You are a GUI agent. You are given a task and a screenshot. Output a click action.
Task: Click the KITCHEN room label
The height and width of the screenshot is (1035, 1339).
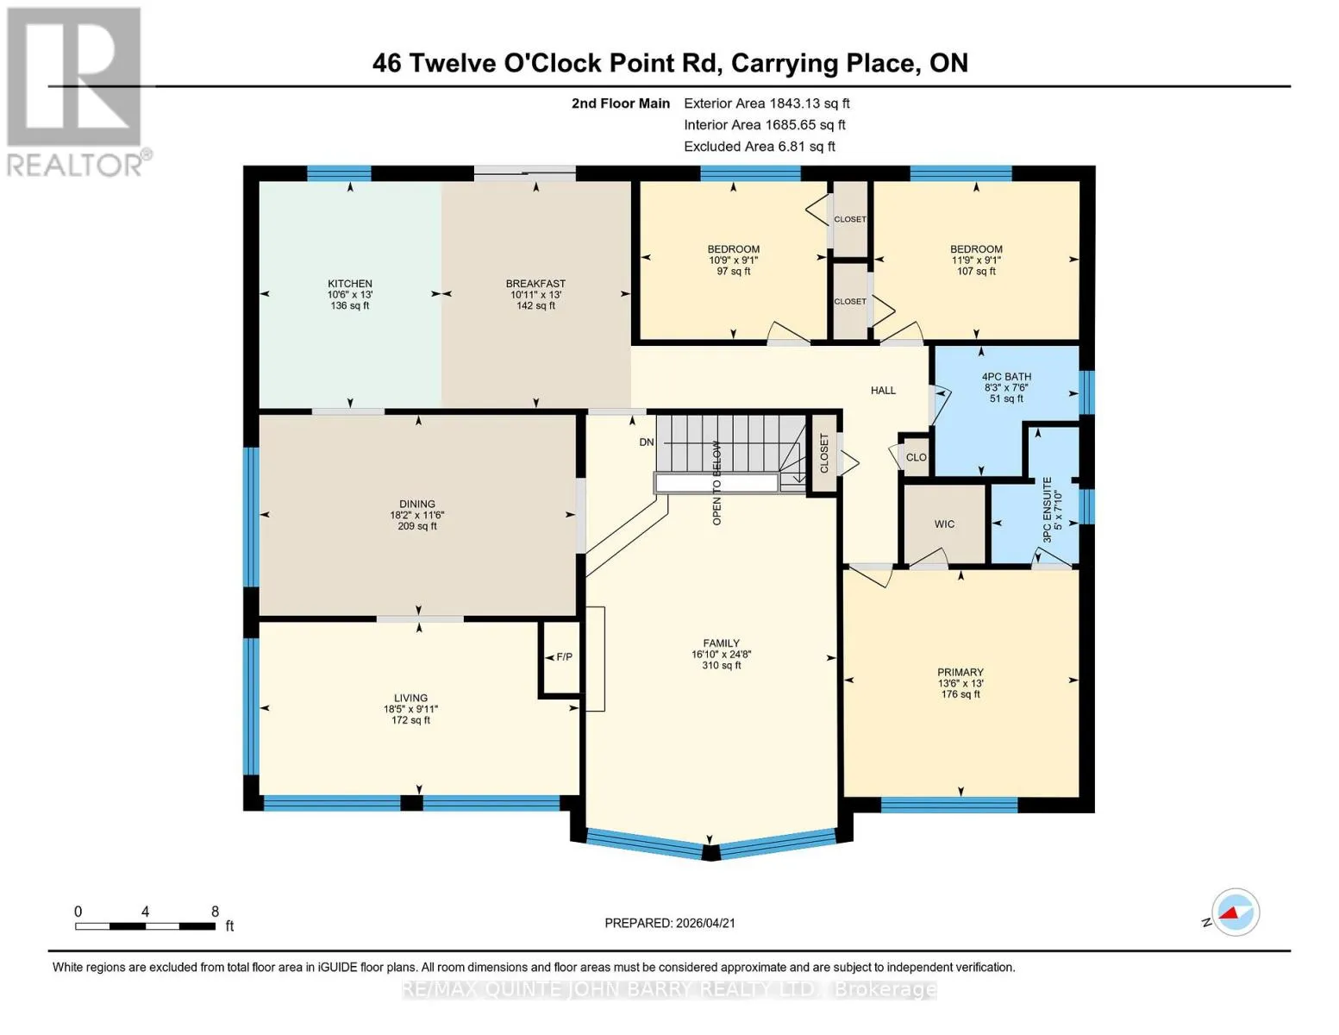[349, 284]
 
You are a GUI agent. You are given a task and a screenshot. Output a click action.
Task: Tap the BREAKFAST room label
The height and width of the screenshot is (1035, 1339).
[535, 284]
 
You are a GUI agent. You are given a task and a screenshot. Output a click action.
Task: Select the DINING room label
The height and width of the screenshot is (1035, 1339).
[417, 504]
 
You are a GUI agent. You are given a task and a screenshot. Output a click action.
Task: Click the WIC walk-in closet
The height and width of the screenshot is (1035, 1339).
[944, 524]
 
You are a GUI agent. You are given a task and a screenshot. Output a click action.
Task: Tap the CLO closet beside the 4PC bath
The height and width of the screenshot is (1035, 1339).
[916, 457]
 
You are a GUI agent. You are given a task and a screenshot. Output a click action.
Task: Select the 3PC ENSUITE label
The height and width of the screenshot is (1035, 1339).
[1047, 509]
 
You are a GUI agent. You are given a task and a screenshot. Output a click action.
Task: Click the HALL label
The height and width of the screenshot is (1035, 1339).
[883, 390]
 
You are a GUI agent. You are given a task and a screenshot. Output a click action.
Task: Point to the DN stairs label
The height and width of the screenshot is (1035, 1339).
[647, 442]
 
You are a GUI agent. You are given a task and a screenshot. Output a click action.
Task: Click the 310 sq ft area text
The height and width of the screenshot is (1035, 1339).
[722, 665]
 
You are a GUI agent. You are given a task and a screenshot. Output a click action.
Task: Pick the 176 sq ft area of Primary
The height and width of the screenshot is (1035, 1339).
[960, 694]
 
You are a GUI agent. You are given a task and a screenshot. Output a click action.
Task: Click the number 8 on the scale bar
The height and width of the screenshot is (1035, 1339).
[215, 911]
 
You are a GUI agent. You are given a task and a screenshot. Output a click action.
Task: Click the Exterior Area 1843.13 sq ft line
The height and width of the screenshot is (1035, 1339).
[766, 103]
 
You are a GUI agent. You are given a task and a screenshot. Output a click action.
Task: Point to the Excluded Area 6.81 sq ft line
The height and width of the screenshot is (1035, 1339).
[760, 147]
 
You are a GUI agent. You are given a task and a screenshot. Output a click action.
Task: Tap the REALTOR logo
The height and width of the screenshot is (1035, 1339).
[78, 92]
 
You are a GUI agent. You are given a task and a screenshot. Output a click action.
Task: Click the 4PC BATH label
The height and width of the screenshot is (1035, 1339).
[1006, 377]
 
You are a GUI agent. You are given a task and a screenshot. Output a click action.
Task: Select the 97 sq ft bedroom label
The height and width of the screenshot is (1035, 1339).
[733, 271]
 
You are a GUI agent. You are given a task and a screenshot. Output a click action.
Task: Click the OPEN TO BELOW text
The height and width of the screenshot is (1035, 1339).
[716, 483]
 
